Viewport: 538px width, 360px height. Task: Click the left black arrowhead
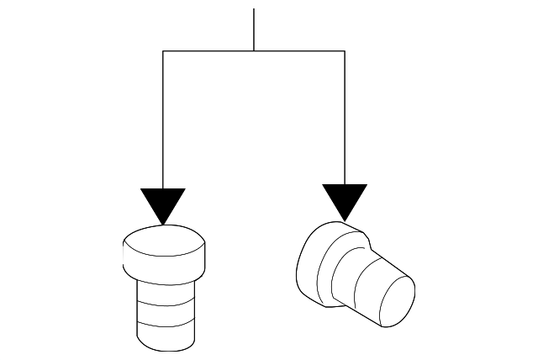pyautogui.click(x=163, y=202)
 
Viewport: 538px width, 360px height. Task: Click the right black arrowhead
pyautogui.click(x=345, y=199)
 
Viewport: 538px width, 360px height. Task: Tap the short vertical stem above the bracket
pyautogui.click(x=254, y=29)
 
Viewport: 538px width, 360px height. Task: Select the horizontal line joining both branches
pyautogui.click(x=210, y=51)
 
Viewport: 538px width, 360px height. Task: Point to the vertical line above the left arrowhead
pyautogui.click(x=163, y=118)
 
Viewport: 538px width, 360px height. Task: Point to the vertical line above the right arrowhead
pyautogui.click(x=345, y=118)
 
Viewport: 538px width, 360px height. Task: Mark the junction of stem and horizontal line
pyautogui.click(x=254, y=51)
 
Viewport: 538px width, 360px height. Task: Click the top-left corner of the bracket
pyautogui.click(x=163, y=51)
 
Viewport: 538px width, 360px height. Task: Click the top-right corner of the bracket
pyautogui.click(x=345, y=51)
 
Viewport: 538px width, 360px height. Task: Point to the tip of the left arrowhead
pyautogui.click(x=163, y=224)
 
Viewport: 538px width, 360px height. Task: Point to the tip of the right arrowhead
pyautogui.click(x=345, y=220)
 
